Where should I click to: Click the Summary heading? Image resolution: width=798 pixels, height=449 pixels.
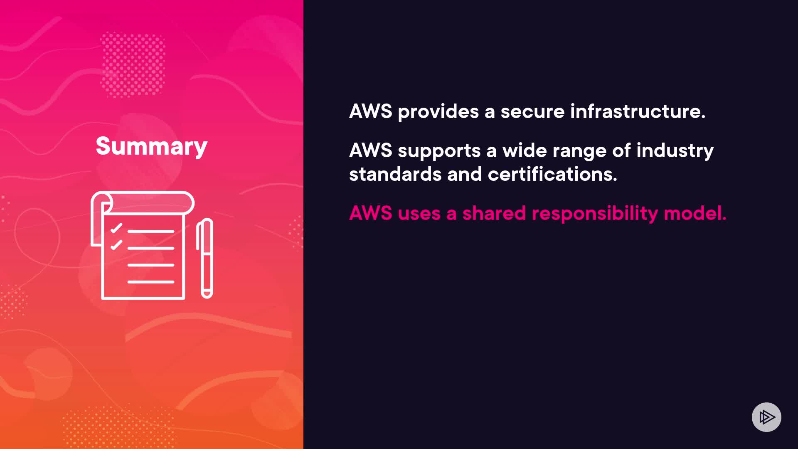(151, 146)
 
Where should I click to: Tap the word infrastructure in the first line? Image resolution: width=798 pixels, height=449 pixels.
(638, 111)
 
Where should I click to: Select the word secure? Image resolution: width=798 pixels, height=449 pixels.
(532, 111)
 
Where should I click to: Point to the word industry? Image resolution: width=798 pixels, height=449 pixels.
(675, 151)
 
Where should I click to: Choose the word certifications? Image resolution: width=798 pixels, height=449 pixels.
(552, 174)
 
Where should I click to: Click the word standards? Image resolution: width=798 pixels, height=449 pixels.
(395, 174)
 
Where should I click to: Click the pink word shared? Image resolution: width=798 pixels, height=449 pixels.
(494, 213)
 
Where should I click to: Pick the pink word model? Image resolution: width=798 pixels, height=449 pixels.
(695, 213)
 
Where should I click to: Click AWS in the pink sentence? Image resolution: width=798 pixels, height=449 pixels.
(370, 213)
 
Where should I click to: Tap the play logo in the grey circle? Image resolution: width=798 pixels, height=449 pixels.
(766, 417)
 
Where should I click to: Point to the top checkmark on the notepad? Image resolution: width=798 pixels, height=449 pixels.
(116, 228)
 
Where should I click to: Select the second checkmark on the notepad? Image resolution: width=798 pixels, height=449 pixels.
(116, 245)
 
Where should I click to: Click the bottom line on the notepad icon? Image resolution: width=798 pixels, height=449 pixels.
(150, 282)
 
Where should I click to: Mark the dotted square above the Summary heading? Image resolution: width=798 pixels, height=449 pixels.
(133, 65)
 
